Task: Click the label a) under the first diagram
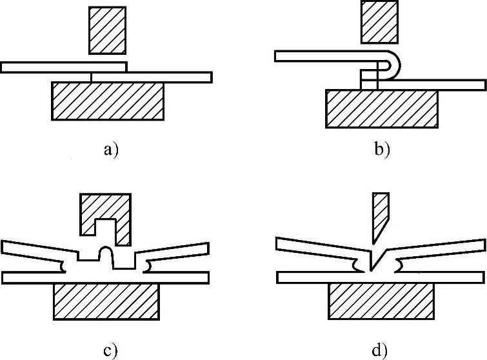pyautogui.click(x=111, y=151)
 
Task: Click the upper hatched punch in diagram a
pyautogui.click(x=108, y=30)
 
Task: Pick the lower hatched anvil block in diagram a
pyautogui.click(x=108, y=101)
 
